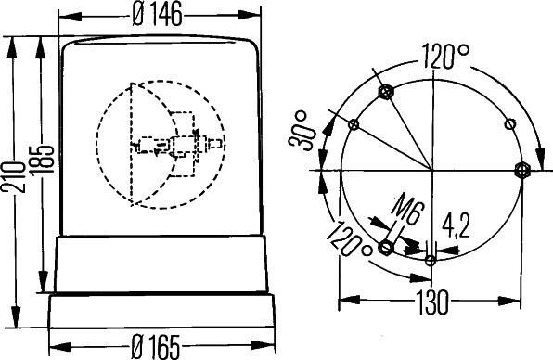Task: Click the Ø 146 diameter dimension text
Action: tap(158, 15)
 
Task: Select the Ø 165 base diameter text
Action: tap(155, 346)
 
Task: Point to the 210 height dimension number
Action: tap(14, 176)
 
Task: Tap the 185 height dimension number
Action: tap(42, 159)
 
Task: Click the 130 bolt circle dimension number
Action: tap(432, 302)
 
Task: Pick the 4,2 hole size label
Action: tap(456, 225)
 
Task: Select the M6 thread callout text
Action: tap(405, 209)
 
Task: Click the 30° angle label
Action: tap(301, 131)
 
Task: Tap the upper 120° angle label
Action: tap(445, 56)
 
